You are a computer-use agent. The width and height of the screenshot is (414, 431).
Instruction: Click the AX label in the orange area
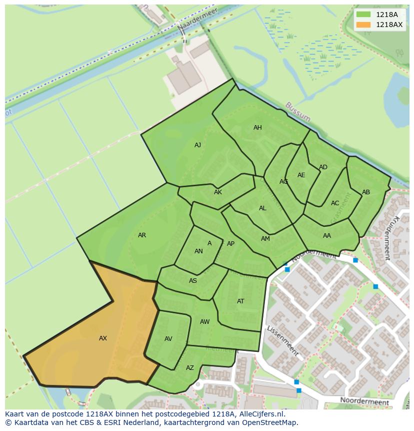(x=103, y=338)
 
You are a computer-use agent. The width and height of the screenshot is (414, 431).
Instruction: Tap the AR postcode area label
(x=142, y=235)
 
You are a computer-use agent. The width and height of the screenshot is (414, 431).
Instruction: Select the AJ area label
(x=197, y=145)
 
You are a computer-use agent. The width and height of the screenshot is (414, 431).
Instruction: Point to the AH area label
(x=257, y=128)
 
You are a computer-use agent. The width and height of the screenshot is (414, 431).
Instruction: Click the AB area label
(x=366, y=192)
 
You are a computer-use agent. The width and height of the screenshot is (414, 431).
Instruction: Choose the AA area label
(x=327, y=236)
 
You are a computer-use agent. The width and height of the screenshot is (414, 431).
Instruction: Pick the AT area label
(x=240, y=301)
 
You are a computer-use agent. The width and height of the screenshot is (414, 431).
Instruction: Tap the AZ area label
(x=190, y=368)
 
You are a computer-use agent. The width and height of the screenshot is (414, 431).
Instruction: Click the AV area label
(x=168, y=339)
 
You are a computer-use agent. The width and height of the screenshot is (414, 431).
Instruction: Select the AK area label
(x=218, y=192)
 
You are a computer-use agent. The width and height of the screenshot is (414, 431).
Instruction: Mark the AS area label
(x=193, y=281)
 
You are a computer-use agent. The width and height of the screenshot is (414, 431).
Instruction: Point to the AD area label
(x=323, y=167)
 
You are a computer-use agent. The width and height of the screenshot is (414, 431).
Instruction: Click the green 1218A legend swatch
(x=364, y=15)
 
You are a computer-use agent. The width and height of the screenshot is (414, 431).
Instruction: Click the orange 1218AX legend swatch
(x=364, y=25)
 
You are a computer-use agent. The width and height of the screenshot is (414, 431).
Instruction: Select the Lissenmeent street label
(x=282, y=340)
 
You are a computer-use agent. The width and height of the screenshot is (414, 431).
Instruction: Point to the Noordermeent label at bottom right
(x=364, y=401)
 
